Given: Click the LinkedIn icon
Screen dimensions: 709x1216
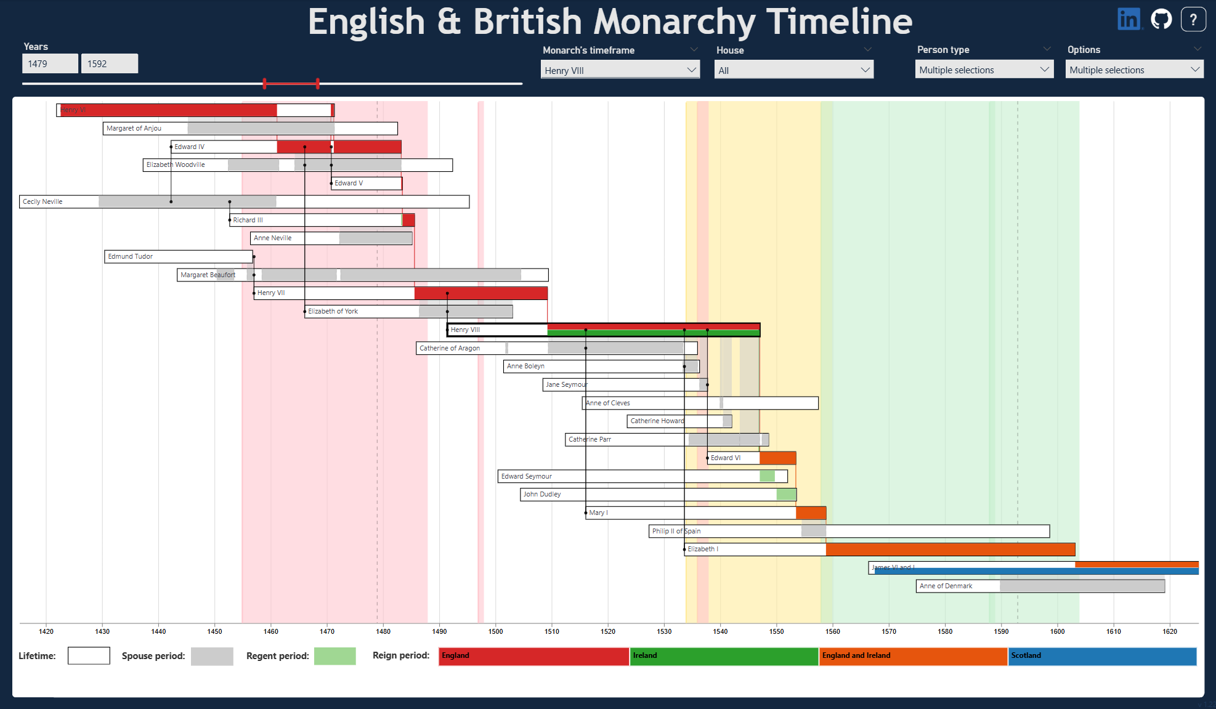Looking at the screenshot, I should tap(1129, 19).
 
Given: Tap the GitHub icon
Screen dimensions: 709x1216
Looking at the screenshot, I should tap(1161, 19).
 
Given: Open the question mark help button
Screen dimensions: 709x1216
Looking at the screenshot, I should tap(1193, 19).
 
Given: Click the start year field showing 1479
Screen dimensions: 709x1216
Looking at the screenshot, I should tap(50, 63).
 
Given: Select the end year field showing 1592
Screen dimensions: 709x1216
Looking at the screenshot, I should tap(109, 63).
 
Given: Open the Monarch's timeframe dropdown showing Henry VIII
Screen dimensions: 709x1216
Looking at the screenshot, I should tap(620, 70).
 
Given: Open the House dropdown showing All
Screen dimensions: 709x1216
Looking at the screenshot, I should tap(793, 70).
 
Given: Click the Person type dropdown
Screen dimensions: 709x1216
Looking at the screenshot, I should tap(984, 70).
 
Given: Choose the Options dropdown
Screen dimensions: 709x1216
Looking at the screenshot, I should tap(1134, 70).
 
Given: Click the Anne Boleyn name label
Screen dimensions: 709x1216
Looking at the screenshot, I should tap(525, 366).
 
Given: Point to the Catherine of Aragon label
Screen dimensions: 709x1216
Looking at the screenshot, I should tap(450, 348).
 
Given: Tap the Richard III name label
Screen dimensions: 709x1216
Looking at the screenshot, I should tap(248, 220).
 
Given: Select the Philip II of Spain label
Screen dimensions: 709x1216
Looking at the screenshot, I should tap(676, 531).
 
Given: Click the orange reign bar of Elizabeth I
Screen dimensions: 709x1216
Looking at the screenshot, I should tap(950, 549).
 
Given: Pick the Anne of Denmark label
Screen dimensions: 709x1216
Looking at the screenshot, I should tap(946, 586).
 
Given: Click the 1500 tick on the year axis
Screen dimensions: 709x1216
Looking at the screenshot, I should tap(495, 631).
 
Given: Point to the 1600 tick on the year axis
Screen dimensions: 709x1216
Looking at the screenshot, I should tap(1057, 631).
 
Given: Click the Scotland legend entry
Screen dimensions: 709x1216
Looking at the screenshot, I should tap(1101, 656).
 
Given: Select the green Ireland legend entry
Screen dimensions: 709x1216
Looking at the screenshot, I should tap(724, 656).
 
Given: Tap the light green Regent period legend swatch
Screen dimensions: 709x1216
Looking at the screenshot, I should tap(334, 656).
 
